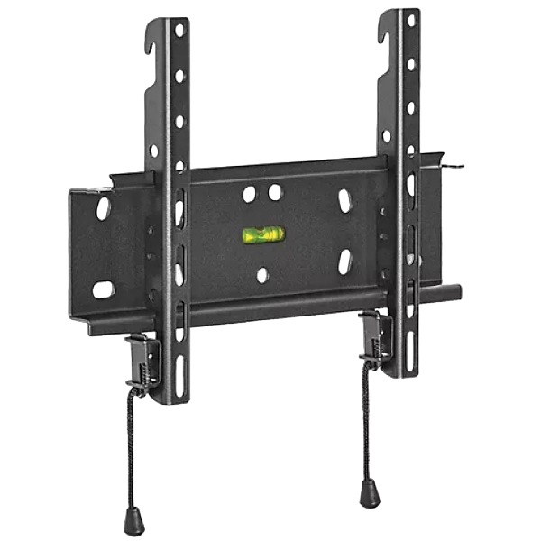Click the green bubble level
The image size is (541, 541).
click(262, 235)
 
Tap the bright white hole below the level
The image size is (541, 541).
click(261, 272)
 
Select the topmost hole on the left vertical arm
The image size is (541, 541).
click(179, 31)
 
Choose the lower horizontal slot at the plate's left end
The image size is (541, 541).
click(105, 289)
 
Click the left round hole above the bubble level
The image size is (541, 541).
click(250, 193)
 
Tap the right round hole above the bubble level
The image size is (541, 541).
click(272, 191)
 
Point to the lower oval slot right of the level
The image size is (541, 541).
click(344, 261)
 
